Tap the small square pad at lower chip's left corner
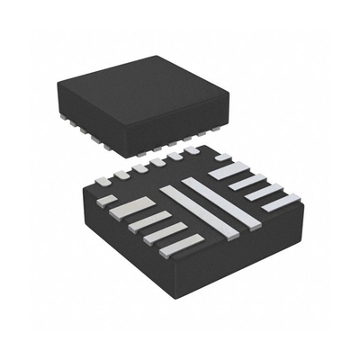pyautogui.click(x=106, y=199)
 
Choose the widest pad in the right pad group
pyautogui.click(x=229, y=167)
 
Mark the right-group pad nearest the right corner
pyautogui.click(x=280, y=203)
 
